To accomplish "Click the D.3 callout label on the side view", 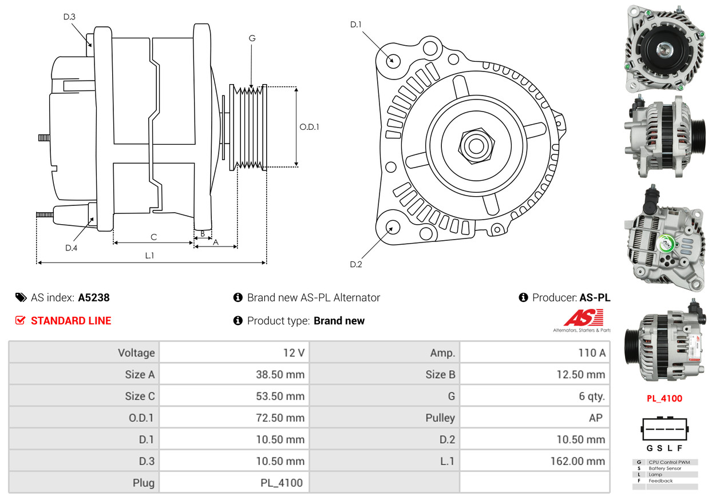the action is click(x=69, y=17).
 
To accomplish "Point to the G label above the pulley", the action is click(x=252, y=38).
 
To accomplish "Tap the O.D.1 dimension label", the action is click(x=309, y=127).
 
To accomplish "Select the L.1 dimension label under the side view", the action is click(x=149, y=256).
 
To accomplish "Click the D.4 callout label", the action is click(x=71, y=248).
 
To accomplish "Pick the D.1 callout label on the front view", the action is click(x=355, y=25).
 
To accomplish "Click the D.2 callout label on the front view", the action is click(x=355, y=264).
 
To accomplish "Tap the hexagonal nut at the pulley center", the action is click(x=476, y=146).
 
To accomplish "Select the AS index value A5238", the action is click(x=94, y=297).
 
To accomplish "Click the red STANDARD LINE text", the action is click(x=71, y=321).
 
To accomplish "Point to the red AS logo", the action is click(x=584, y=317).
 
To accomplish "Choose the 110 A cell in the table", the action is click(x=592, y=353).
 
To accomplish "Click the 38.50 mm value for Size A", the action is click(x=280, y=375).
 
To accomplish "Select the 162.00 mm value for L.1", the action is click(x=577, y=461).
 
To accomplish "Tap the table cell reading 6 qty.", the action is click(x=592, y=396).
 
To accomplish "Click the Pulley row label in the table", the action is click(x=440, y=418).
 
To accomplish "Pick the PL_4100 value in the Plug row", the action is click(x=282, y=483).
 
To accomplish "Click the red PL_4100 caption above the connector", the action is click(x=664, y=399).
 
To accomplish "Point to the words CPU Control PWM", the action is click(x=670, y=462).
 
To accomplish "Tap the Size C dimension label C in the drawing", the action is click(x=153, y=237).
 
